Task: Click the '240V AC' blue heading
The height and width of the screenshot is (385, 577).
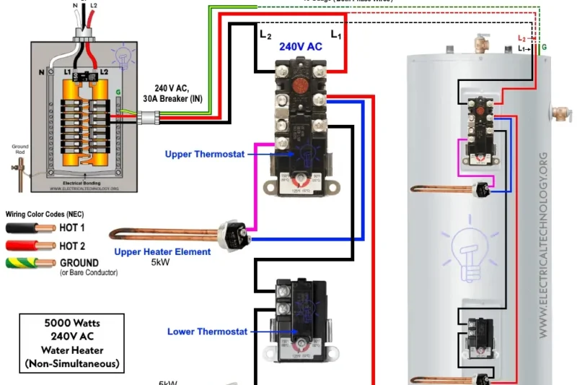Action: point(301,46)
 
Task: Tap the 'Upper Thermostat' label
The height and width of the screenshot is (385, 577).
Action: point(205,154)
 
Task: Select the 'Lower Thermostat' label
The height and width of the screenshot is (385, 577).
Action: point(207,332)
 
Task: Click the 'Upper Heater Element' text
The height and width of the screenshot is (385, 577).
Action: point(162,252)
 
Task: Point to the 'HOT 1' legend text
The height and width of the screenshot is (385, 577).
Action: point(73,228)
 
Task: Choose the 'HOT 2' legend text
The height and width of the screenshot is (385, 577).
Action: point(73,246)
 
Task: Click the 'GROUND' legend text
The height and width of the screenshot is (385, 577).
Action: point(79,263)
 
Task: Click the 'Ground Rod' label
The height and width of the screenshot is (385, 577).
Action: point(20,148)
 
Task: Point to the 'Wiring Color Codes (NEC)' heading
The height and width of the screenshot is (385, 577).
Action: point(44,215)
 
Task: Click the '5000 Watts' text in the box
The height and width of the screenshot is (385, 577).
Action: point(71,323)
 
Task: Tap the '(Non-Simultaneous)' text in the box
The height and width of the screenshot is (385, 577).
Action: point(71,363)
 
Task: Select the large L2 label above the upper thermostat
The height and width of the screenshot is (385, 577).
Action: point(265,33)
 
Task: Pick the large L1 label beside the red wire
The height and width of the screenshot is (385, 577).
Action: point(336,33)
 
